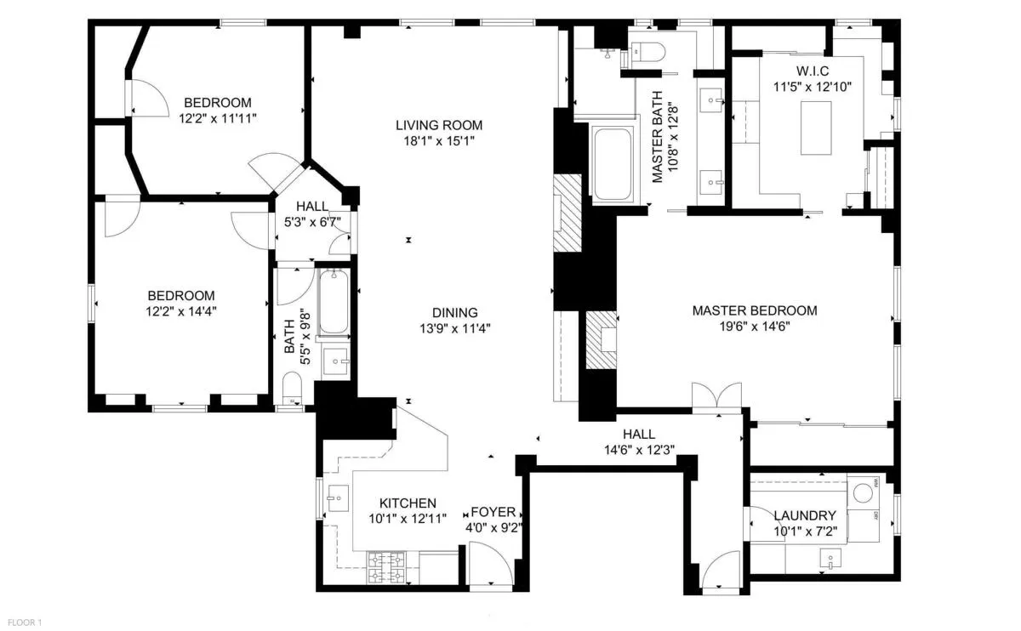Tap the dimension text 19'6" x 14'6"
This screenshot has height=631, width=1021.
754,327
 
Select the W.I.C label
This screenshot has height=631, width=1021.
813,70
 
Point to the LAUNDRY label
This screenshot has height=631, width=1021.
804,515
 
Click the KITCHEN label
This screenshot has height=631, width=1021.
408,503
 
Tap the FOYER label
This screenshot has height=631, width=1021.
493,512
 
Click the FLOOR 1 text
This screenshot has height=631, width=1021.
21,622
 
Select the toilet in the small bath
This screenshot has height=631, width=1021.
291,388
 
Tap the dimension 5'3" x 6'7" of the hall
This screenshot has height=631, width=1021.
312,223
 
